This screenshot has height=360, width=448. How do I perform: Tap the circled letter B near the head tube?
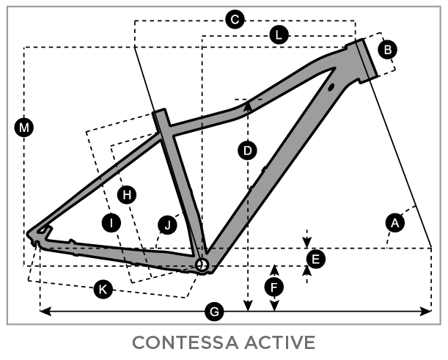click(388, 49)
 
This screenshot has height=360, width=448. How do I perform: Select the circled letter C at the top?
click(234, 20)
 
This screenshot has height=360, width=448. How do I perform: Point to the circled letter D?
click(248, 151)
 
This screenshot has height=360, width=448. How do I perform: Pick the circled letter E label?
click(315, 258)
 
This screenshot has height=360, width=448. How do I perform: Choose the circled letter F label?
click(274, 287)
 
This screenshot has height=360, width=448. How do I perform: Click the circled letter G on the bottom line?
click(214, 312)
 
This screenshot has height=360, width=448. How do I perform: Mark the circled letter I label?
click(111, 222)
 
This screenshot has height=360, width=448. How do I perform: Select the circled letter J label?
click(168, 225)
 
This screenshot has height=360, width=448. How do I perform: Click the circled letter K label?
click(103, 290)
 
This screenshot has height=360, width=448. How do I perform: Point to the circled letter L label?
click(279, 34)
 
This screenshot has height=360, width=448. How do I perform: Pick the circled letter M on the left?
click(25, 129)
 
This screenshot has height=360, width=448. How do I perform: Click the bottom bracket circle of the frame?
click(202, 263)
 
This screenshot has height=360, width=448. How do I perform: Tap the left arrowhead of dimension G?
click(43, 312)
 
